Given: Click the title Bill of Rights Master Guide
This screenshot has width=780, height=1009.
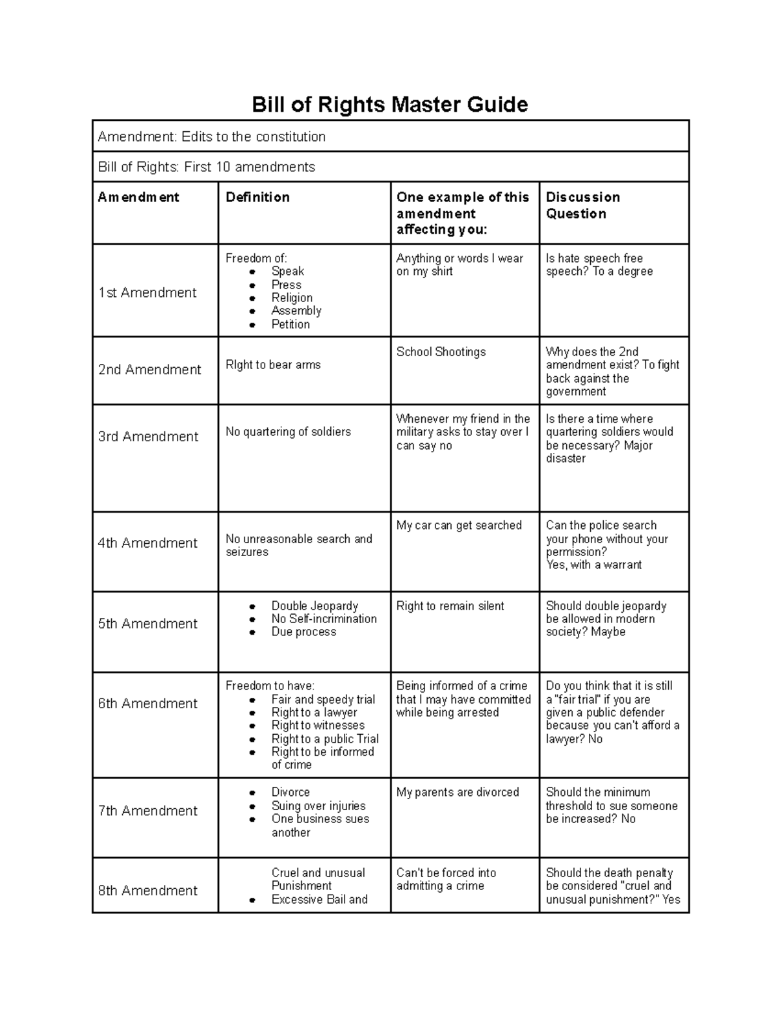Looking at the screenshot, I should pyautogui.click(x=389, y=105).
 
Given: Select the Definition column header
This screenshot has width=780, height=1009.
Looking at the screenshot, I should pyautogui.click(x=257, y=198).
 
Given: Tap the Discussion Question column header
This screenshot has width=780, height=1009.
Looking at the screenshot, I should pyautogui.click(x=582, y=205).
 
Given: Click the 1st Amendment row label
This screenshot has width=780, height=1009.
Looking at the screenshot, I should pyautogui.click(x=147, y=293).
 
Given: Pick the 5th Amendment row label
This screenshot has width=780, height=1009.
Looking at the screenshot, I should pyautogui.click(x=148, y=624).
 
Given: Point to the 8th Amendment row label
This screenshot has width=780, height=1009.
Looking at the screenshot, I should pyautogui.click(x=148, y=891).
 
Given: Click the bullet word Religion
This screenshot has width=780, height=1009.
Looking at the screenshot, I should pyautogui.click(x=292, y=298).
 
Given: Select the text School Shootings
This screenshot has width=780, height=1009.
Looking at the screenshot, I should pyautogui.click(x=441, y=352).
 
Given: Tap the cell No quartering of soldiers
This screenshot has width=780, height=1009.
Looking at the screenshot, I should pyautogui.click(x=288, y=432).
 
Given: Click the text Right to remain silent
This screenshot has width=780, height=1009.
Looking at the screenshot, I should pyautogui.click(x=450, y=606).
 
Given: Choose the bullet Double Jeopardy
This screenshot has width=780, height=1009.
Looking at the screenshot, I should pyautogui.click(x=315, y=606).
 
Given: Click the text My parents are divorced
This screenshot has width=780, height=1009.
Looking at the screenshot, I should pyautogui.click(x=458, y=793).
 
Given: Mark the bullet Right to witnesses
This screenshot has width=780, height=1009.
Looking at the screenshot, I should pyautogui.click(x=318, y=726).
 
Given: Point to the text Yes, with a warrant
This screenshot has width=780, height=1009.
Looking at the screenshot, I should pyautogui.click(x=593, y=565).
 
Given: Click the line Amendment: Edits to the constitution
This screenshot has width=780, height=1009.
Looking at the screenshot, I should pyautogui.click(x=211, y=137).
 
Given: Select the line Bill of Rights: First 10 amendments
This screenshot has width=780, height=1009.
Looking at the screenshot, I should pyautogui.click(x=206, y=168).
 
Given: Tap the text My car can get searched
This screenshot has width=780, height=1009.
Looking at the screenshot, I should pyautogui.click(x=459, y=526).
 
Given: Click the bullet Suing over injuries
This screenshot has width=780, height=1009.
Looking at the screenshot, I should pyautogui.click(x=318, y=806).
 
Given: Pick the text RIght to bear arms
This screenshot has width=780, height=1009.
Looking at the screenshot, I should pyautogui.click(x=273, y=365).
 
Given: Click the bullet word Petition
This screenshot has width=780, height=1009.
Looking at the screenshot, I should pyautogui.click(x=291, y=324).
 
